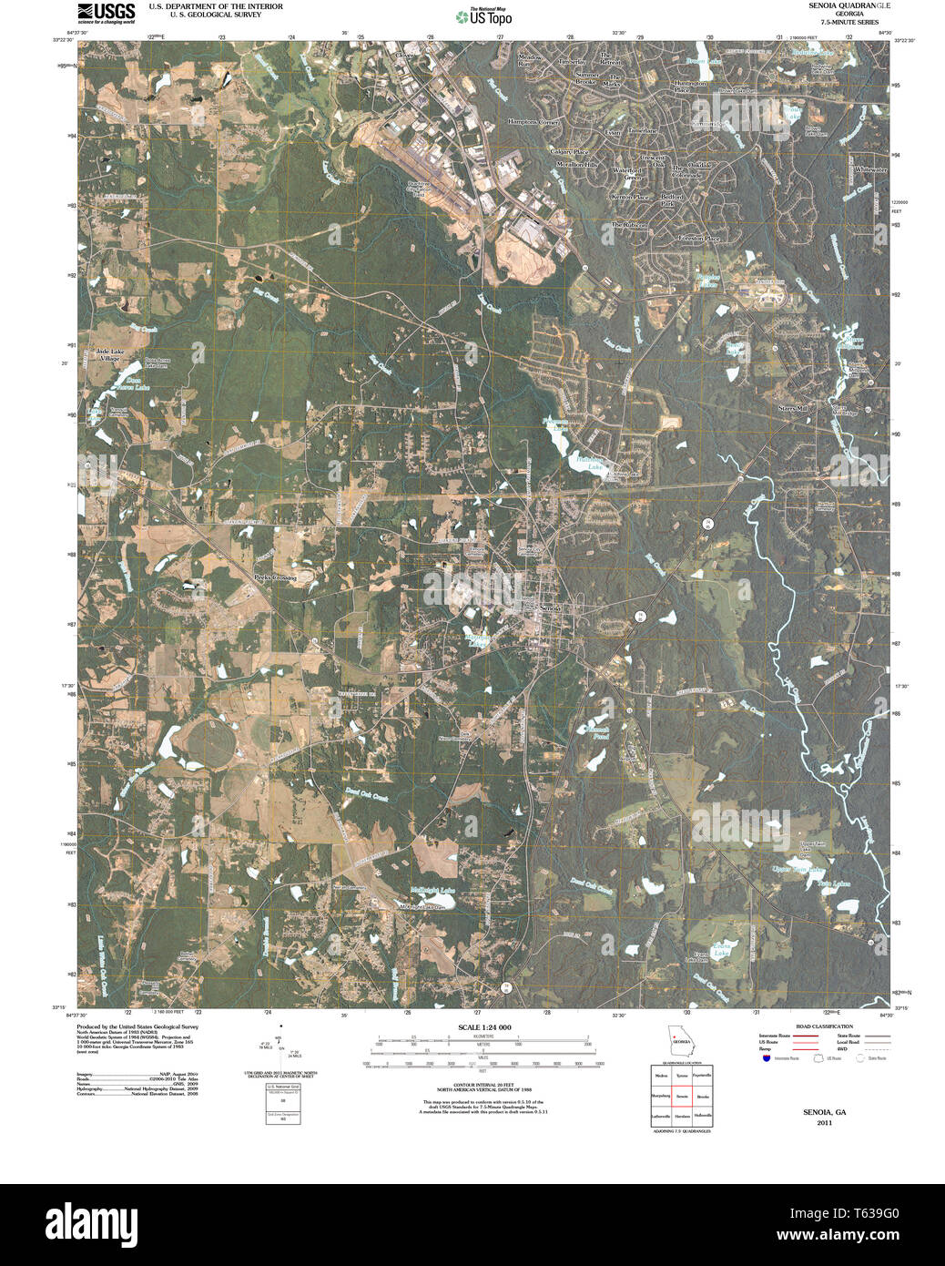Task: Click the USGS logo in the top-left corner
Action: point(106,12)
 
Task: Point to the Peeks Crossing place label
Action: point(274,577)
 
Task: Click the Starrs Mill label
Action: point(792,409)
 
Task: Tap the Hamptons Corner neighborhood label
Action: point(533,121)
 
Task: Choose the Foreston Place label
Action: point(699,239)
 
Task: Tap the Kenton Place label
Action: point(630,197)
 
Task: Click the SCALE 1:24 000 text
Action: point(484,1027)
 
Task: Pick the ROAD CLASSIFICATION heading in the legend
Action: point(824,1026)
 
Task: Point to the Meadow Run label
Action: point(529,60)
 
